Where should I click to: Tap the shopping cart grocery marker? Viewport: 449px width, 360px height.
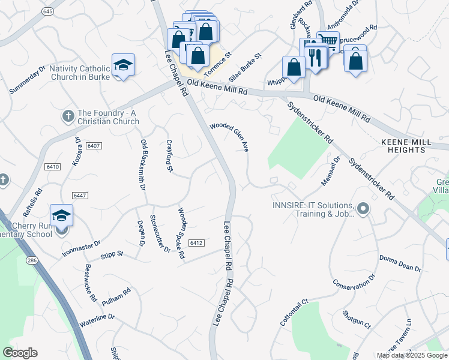pyautogui.click(x=328, y=41)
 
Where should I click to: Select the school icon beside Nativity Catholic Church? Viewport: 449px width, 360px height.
pyautogui.click(x=123, y=65)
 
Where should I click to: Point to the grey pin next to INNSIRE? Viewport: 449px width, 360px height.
pyautogui.click(x=363, y=209)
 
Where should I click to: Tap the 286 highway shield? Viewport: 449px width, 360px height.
pyautogui.click(x=31, y=260)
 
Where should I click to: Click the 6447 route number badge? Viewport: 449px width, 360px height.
pyautogui.click(x=79, y=196)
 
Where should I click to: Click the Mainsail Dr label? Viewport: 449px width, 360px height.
pyautogui.click(x=331, y=170)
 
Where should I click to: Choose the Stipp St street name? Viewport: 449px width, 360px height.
pyautogui.click(x=112, y=254)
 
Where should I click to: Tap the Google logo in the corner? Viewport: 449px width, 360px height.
pyautogui.click(x=20, y=353)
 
